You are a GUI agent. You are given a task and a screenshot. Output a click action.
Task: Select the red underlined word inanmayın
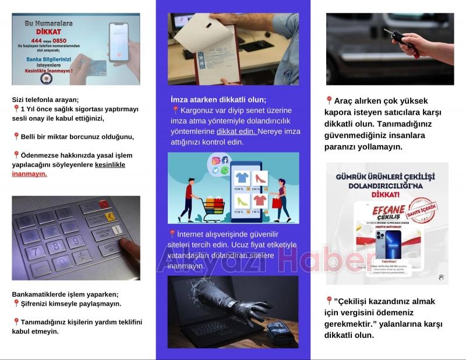29,174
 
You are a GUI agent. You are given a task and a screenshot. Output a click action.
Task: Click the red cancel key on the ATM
104,205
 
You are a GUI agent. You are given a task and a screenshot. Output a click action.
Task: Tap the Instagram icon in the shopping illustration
216,161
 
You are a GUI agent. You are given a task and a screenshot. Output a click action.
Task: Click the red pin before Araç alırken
329,101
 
